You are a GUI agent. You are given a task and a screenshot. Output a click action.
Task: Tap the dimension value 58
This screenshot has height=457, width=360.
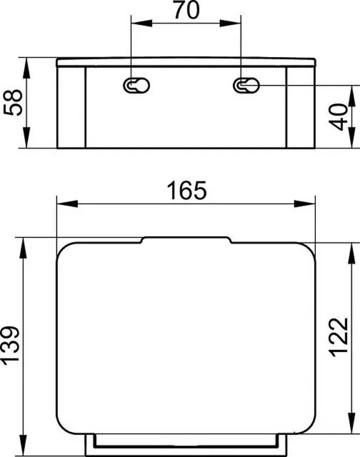tap(13, 102)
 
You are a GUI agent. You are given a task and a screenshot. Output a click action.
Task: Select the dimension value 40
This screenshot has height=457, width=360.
tap(338, 117)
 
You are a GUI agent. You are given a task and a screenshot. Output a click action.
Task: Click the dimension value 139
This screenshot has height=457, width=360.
tap(11, 345)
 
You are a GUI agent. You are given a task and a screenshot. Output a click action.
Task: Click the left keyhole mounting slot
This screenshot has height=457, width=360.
tap(136, 84)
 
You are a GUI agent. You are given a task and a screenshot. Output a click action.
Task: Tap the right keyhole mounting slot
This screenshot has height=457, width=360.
tap(246, 84)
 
